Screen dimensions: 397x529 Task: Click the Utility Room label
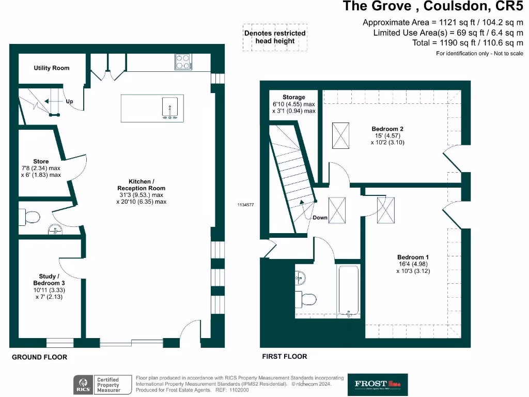pyautogui.click(x=52, y=68)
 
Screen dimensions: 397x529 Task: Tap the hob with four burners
pyautogui.click(x=183, y=62)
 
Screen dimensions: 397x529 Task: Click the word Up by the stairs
pyautogui.click(x=69, y=102)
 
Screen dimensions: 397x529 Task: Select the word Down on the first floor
pyautogui.click(x=320, y=218)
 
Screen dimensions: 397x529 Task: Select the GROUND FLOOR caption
pyautogui.click(x=39, y=357)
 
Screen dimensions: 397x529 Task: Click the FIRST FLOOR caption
pyautogui.click(x=284, y=357)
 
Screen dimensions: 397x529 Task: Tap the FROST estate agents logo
pyautogui.click(x=378, y=384)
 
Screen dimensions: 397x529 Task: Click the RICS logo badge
pyautogui.click(x=83, y=385)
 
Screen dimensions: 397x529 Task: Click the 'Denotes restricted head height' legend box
pyautogui.click(x=275, y=37)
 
